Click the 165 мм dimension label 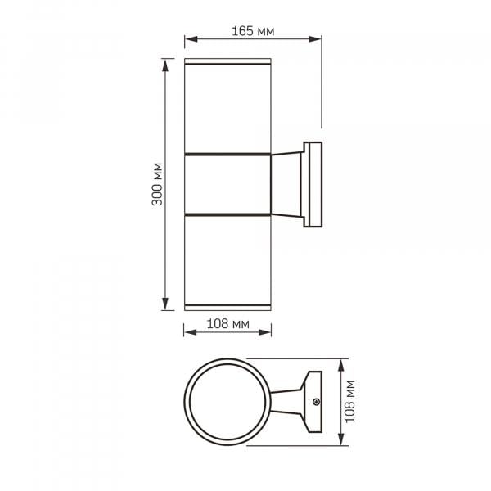(253, 32)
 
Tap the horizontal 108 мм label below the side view (228, 323)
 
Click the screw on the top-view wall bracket (316, 402)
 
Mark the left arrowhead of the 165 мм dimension (188, 38)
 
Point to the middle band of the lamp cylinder (227, 185)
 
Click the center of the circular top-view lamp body (227, 402)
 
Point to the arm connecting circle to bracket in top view (286, 402)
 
